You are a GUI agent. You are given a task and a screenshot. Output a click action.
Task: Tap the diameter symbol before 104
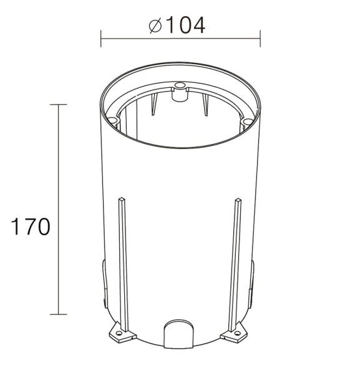pos(157,26)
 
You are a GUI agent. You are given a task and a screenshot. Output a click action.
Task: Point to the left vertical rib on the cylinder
pos(122,262)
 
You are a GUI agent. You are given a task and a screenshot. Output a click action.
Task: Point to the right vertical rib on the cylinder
pos(237,262)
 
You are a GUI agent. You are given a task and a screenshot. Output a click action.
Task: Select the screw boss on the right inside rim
pos(248,120)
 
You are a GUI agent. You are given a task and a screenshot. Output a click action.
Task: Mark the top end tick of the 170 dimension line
pos(58,105)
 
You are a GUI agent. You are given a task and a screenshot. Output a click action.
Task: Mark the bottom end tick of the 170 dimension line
pos(58,314)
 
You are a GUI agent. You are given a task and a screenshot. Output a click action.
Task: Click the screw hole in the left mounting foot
pos(118,336)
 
